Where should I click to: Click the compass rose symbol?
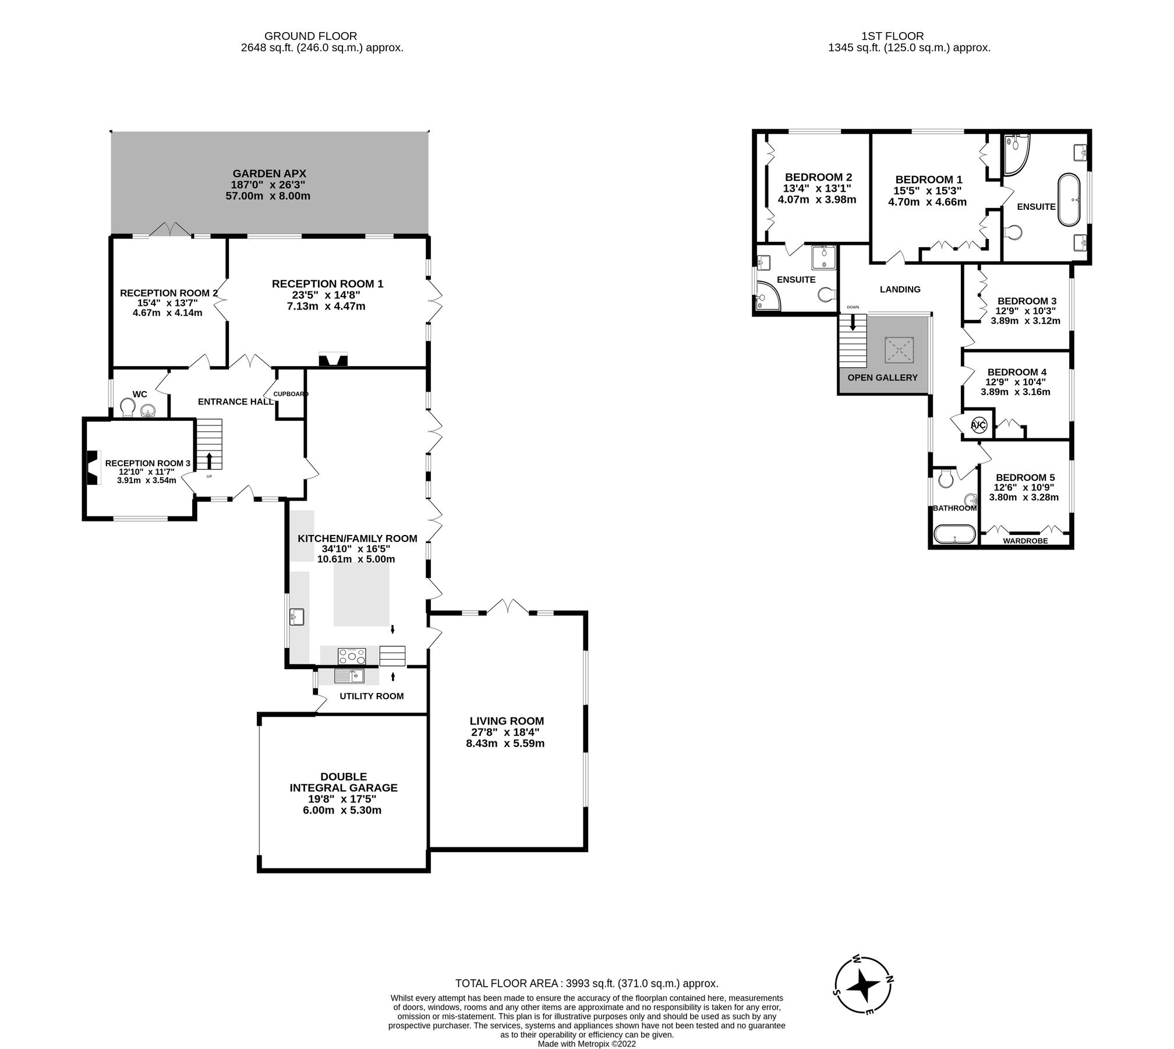(864, 985)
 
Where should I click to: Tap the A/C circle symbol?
(979, 425)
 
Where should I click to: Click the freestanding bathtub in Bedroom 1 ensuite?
(1069, 199)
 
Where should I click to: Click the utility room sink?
(349, 676)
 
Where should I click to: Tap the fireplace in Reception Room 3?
(92, 467)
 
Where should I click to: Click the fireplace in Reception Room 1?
(333, 360)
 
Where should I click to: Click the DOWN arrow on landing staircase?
(853, 322)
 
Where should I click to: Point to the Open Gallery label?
(882, 378)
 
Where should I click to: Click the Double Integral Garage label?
(344, 782)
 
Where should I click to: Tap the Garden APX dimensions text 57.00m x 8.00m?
(268, 196)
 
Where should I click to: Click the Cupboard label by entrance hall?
(291, 394)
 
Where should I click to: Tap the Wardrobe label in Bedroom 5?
(1026, 541)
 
